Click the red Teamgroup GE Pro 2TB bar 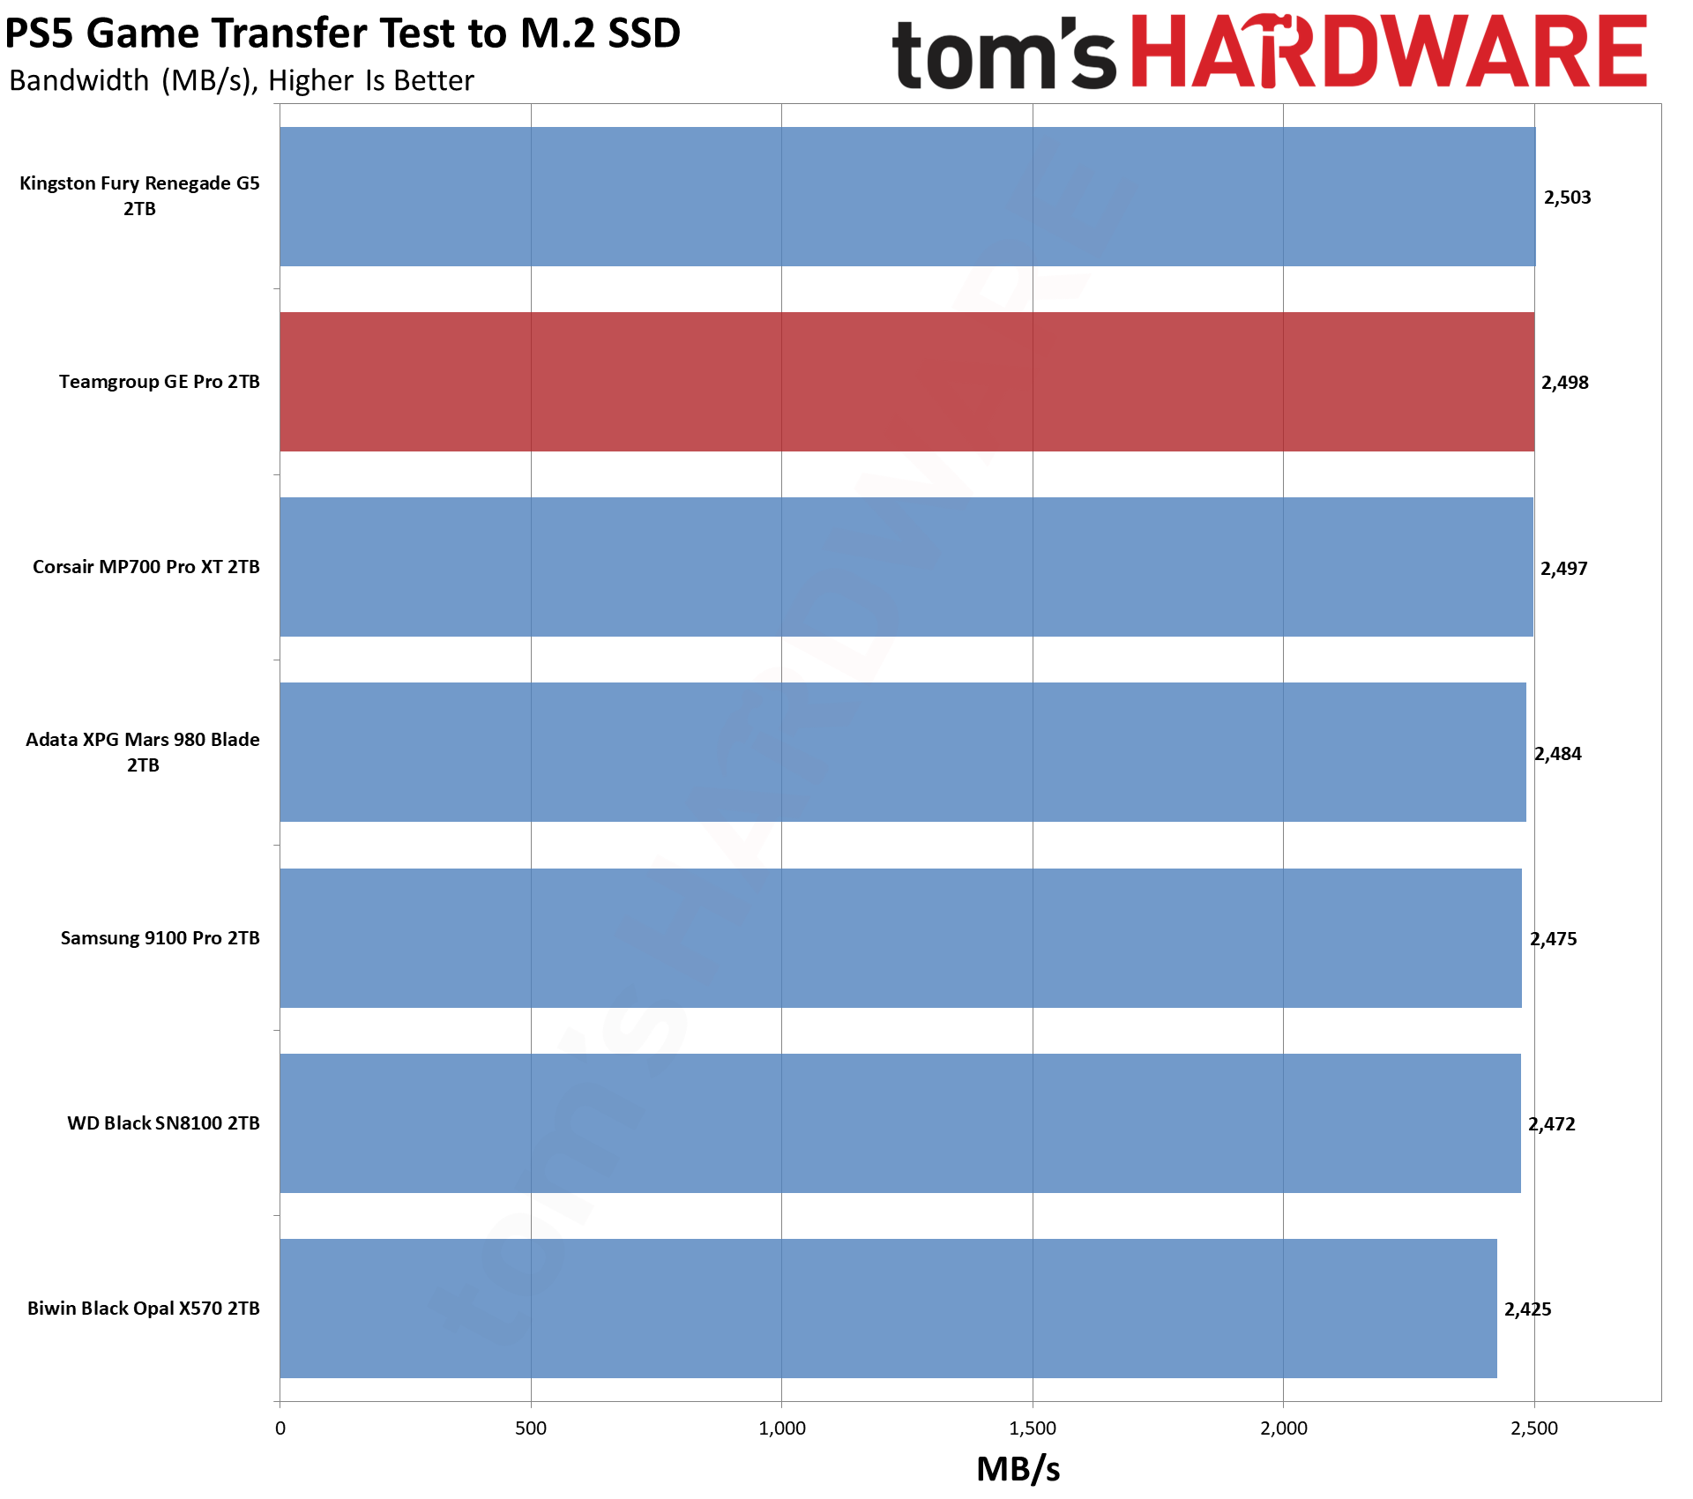(x=906, y=382)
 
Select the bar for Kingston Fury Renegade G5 (x=907, y=197)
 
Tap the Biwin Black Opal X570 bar (x=888, y=1309)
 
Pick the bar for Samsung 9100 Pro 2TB (x=900, y=938)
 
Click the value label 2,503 (x=1567, y=198)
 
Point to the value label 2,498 (x=1564, y=383)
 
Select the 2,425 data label (x=1527, y=1309)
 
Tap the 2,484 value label (x=1557, y=754)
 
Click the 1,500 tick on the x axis (x=1033, y=1428)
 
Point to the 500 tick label (x=531, y=1428)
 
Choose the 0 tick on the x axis (x=280, y=1428)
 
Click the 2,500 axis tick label (x=1534, y=1428)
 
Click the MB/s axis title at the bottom (x=1018, y=1469)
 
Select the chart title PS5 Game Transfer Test (x=342, y=34)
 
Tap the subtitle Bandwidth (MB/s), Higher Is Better (x=242, y=81)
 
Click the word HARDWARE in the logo (x=1389, y=53)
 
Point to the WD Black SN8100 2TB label (x=163, y=1123)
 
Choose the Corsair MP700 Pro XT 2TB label (x=146, y=567)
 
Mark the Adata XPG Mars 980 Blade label (x=143, y=752)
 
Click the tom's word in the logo (x=1003, y=55)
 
